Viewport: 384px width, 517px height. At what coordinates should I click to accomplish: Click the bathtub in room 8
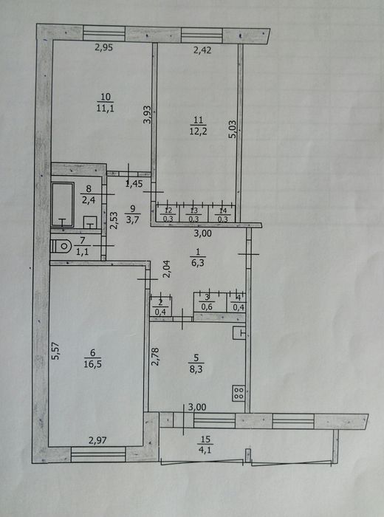coord(63,205)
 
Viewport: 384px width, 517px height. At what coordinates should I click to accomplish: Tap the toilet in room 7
coord(61,246)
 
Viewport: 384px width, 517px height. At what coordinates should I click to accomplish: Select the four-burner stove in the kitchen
coord(239,393)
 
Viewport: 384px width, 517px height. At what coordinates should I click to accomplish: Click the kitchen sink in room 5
coord(239,333)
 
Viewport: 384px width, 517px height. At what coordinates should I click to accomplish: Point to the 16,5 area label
coord(92,364)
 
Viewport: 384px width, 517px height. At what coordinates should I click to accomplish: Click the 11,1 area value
coord(106,108)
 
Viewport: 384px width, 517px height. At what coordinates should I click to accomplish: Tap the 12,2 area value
coord(198,131)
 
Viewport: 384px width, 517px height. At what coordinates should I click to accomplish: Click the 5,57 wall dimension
coord(56,350)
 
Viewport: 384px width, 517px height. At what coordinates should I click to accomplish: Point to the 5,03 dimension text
coord(233,129)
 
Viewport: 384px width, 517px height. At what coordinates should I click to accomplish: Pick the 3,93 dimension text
coord(148,114)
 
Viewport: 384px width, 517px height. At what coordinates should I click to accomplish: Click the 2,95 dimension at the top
coord(104,48)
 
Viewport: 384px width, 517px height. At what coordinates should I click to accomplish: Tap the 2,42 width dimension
coord(202,50)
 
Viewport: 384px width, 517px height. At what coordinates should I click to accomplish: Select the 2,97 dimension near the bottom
coord(98,440)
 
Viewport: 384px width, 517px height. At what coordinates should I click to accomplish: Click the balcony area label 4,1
coord(205,449)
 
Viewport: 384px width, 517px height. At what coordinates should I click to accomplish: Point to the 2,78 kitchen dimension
coord(155,357)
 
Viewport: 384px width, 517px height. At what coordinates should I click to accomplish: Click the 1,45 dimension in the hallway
coord(134,184)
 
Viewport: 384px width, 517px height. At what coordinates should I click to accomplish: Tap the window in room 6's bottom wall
coord(98,454)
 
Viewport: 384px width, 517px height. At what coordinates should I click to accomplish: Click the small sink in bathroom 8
coord(90,222)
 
